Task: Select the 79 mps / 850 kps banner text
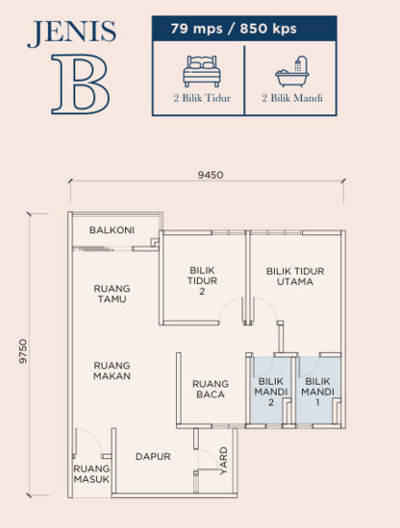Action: click(x=246, y=30)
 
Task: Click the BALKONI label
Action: click(x=112, y=230)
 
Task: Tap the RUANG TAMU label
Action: click(x=112, y=293)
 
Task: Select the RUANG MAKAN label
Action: click(x=112, y=371)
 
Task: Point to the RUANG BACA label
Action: click(x=210, y=387)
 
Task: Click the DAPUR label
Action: click(x=153, y=457)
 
